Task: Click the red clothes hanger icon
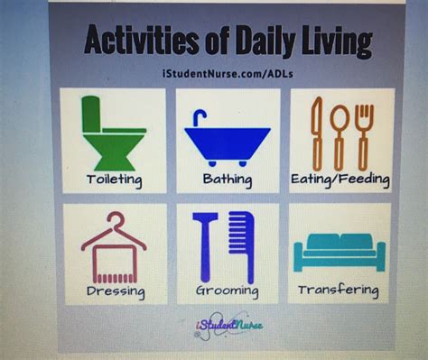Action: click(x=114, y=243)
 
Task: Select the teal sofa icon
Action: click(x=339, y=250)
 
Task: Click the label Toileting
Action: click(x=114, y=180)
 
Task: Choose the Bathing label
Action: click(x=227, y=180)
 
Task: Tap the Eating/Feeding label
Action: click(x=340, y=180)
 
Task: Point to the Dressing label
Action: click(x=115, y=291)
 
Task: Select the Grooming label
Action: click(x=227, y=291)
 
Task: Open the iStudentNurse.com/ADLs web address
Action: click(x=225, y=69)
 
